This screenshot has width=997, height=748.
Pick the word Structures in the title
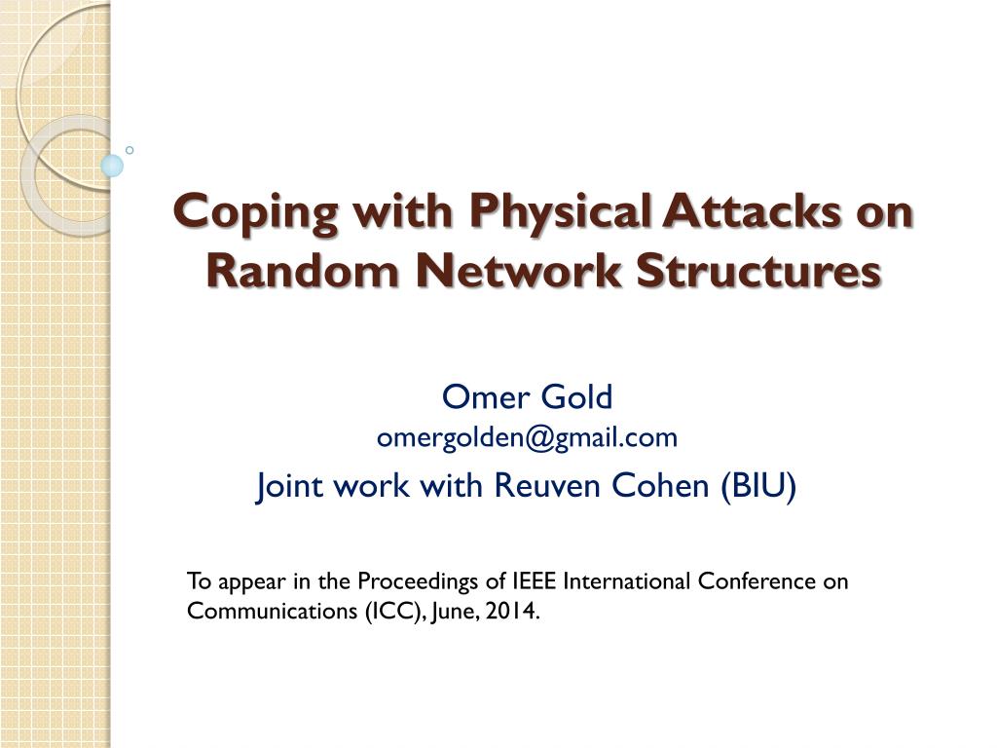click(x=758, y=270)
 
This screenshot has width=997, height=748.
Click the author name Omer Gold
click(x=528, y=397)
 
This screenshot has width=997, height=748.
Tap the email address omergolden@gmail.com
click(x=527, y=439)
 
